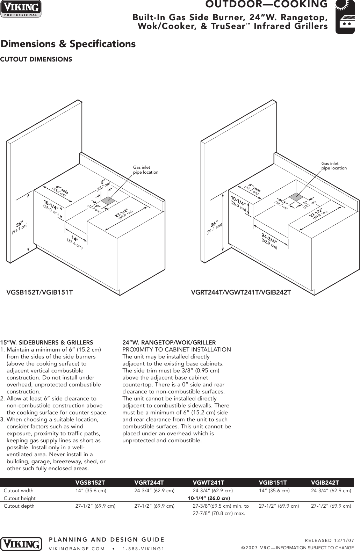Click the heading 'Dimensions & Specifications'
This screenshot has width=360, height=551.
(68, 44)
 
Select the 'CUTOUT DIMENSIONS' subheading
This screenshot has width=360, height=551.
(36, 59)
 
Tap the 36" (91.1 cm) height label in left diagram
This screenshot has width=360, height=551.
(19, 227)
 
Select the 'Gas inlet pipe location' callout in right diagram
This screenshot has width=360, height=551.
(334, 166)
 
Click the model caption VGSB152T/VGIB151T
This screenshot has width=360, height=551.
(40, 292)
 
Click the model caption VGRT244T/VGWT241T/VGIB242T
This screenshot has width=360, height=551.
(241, 292)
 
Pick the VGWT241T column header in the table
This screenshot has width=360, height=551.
(208, 483)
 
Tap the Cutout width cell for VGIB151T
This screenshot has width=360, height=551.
(274, 491)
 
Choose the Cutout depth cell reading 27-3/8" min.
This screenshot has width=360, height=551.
(221, 506)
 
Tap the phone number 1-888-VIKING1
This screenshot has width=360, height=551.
(143, 548)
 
